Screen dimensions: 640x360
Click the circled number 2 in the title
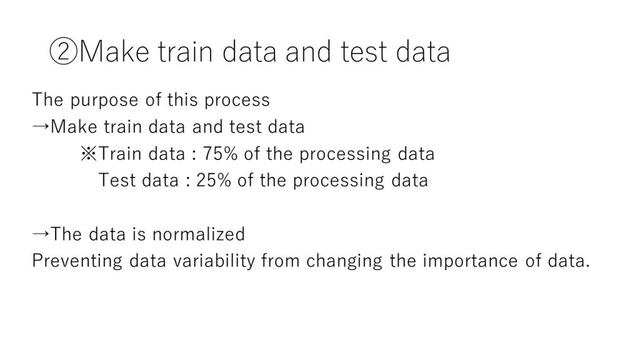point(63,52)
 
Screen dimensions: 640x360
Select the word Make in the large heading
point(115,51)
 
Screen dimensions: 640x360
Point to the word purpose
point(104,101)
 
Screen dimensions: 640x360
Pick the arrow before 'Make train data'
point(41,126)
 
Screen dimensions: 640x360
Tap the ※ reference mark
point(89,154)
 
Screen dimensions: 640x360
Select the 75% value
point(220,154)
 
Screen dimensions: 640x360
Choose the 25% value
point(214,181)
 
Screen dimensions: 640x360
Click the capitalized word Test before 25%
point(116,181)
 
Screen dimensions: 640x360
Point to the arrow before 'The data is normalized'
point(41,234)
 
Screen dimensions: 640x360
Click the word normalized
point(198,234)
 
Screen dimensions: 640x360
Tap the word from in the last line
point(281,261)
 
